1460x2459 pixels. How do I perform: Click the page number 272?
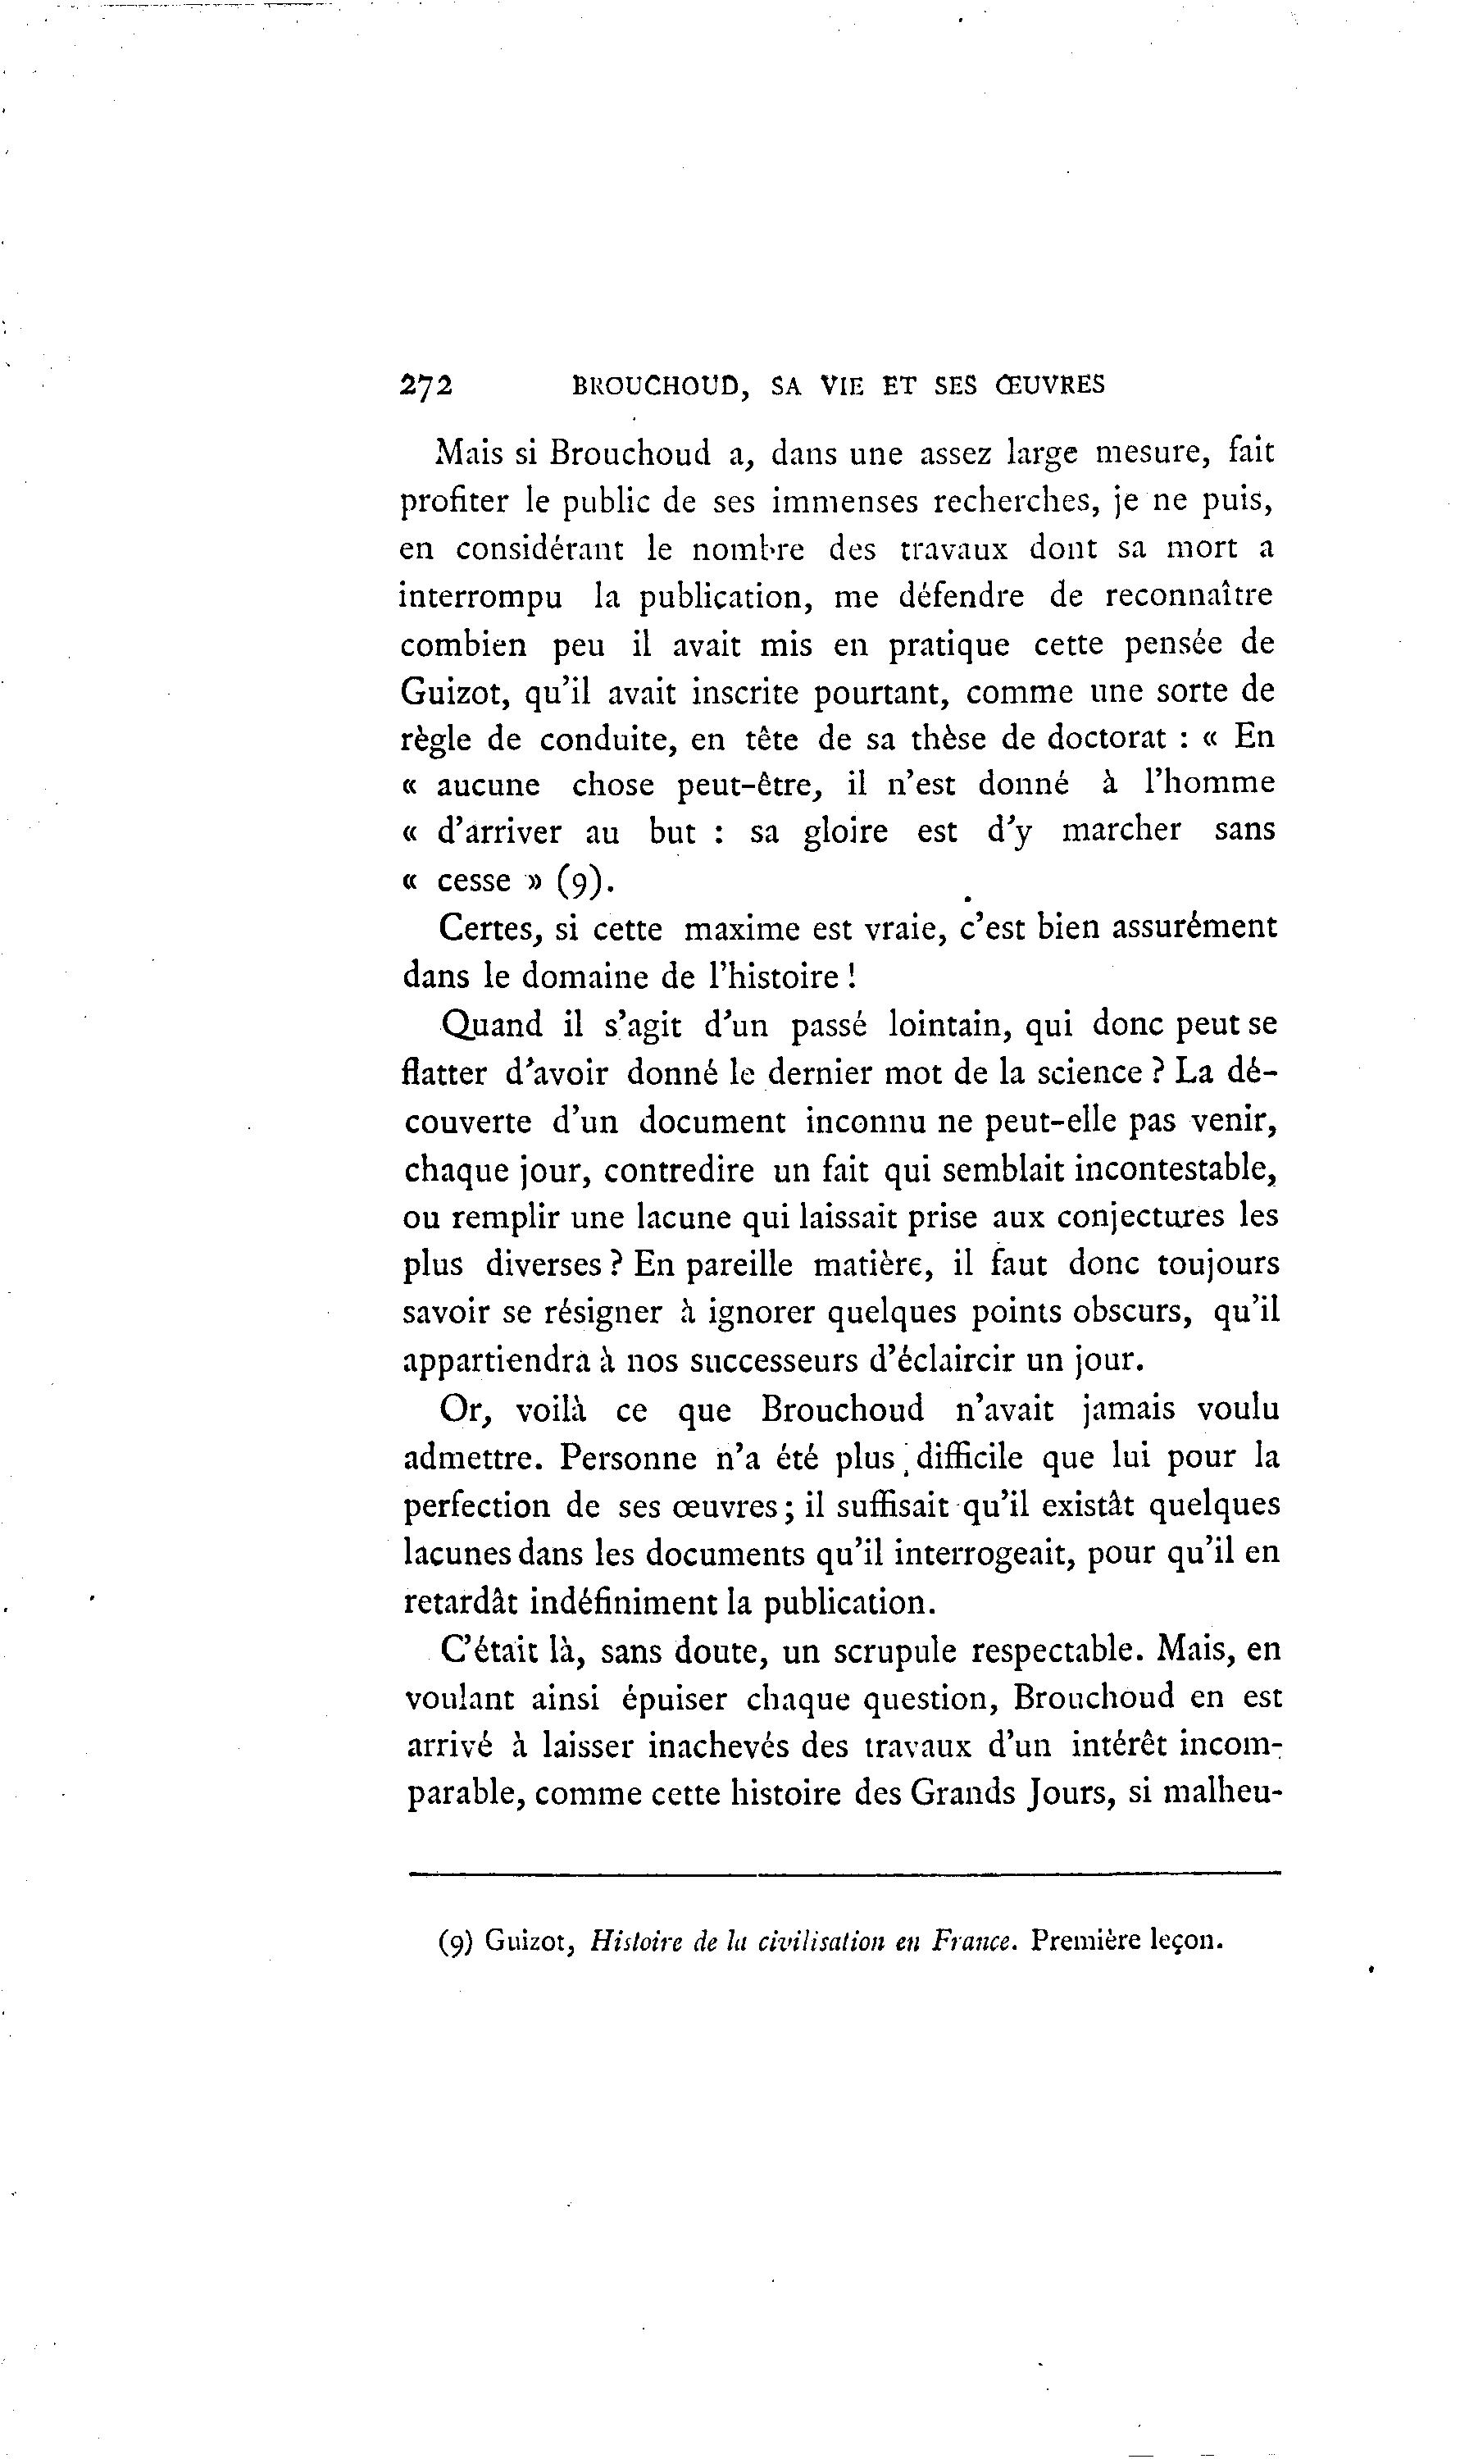(x=426, y=385)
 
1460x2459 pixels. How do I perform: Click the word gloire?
(x=845, y=832)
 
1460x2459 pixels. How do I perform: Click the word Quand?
(x=492, y=1025)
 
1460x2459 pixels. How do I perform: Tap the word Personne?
(x=630, y=1457)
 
